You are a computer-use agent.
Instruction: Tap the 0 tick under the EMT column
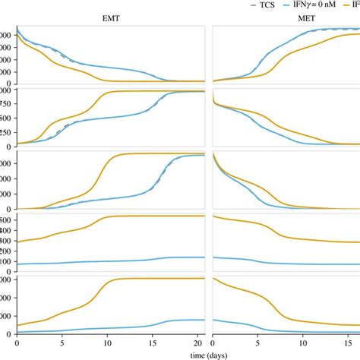[17, 343]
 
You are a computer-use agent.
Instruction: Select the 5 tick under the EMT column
[62, 343]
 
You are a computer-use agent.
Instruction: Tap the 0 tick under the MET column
[214, 343]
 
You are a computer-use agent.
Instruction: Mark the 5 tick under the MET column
[259, 343]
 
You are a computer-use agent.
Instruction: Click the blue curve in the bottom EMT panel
[114, 327]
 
